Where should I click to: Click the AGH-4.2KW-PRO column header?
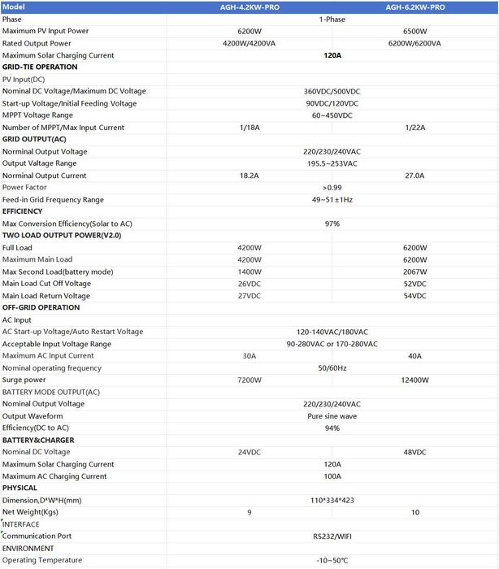[x=249, y=7]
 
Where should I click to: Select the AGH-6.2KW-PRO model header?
[x=414, y=7]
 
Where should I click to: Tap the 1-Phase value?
[x=332, y=19]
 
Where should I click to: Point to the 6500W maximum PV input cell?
[x=414, y=31]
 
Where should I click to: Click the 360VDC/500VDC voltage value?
[x=332, y=92]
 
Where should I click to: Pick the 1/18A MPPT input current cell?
[x=249, y=128]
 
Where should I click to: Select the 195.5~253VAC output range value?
[x=332, y=163]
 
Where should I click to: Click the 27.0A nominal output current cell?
[x=414, y=176]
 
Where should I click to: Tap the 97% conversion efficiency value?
[x=332, y=224]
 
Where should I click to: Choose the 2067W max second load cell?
[x=414, y=271]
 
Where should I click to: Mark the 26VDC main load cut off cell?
[x=249, y=284]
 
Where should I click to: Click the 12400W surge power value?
[x=414, y=380]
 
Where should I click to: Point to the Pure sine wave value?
[x=332, y=416]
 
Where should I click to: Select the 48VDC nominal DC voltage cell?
[x=414, y=452]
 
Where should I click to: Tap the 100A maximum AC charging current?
[x=332, y=476]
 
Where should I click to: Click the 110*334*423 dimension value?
[x=332, y=500]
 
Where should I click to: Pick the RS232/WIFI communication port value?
[x=332, y=536]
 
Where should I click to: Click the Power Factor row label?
[x=24, y=188]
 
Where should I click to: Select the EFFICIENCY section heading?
[x=23, y=211]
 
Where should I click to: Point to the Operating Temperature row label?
[x=42, y=560]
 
